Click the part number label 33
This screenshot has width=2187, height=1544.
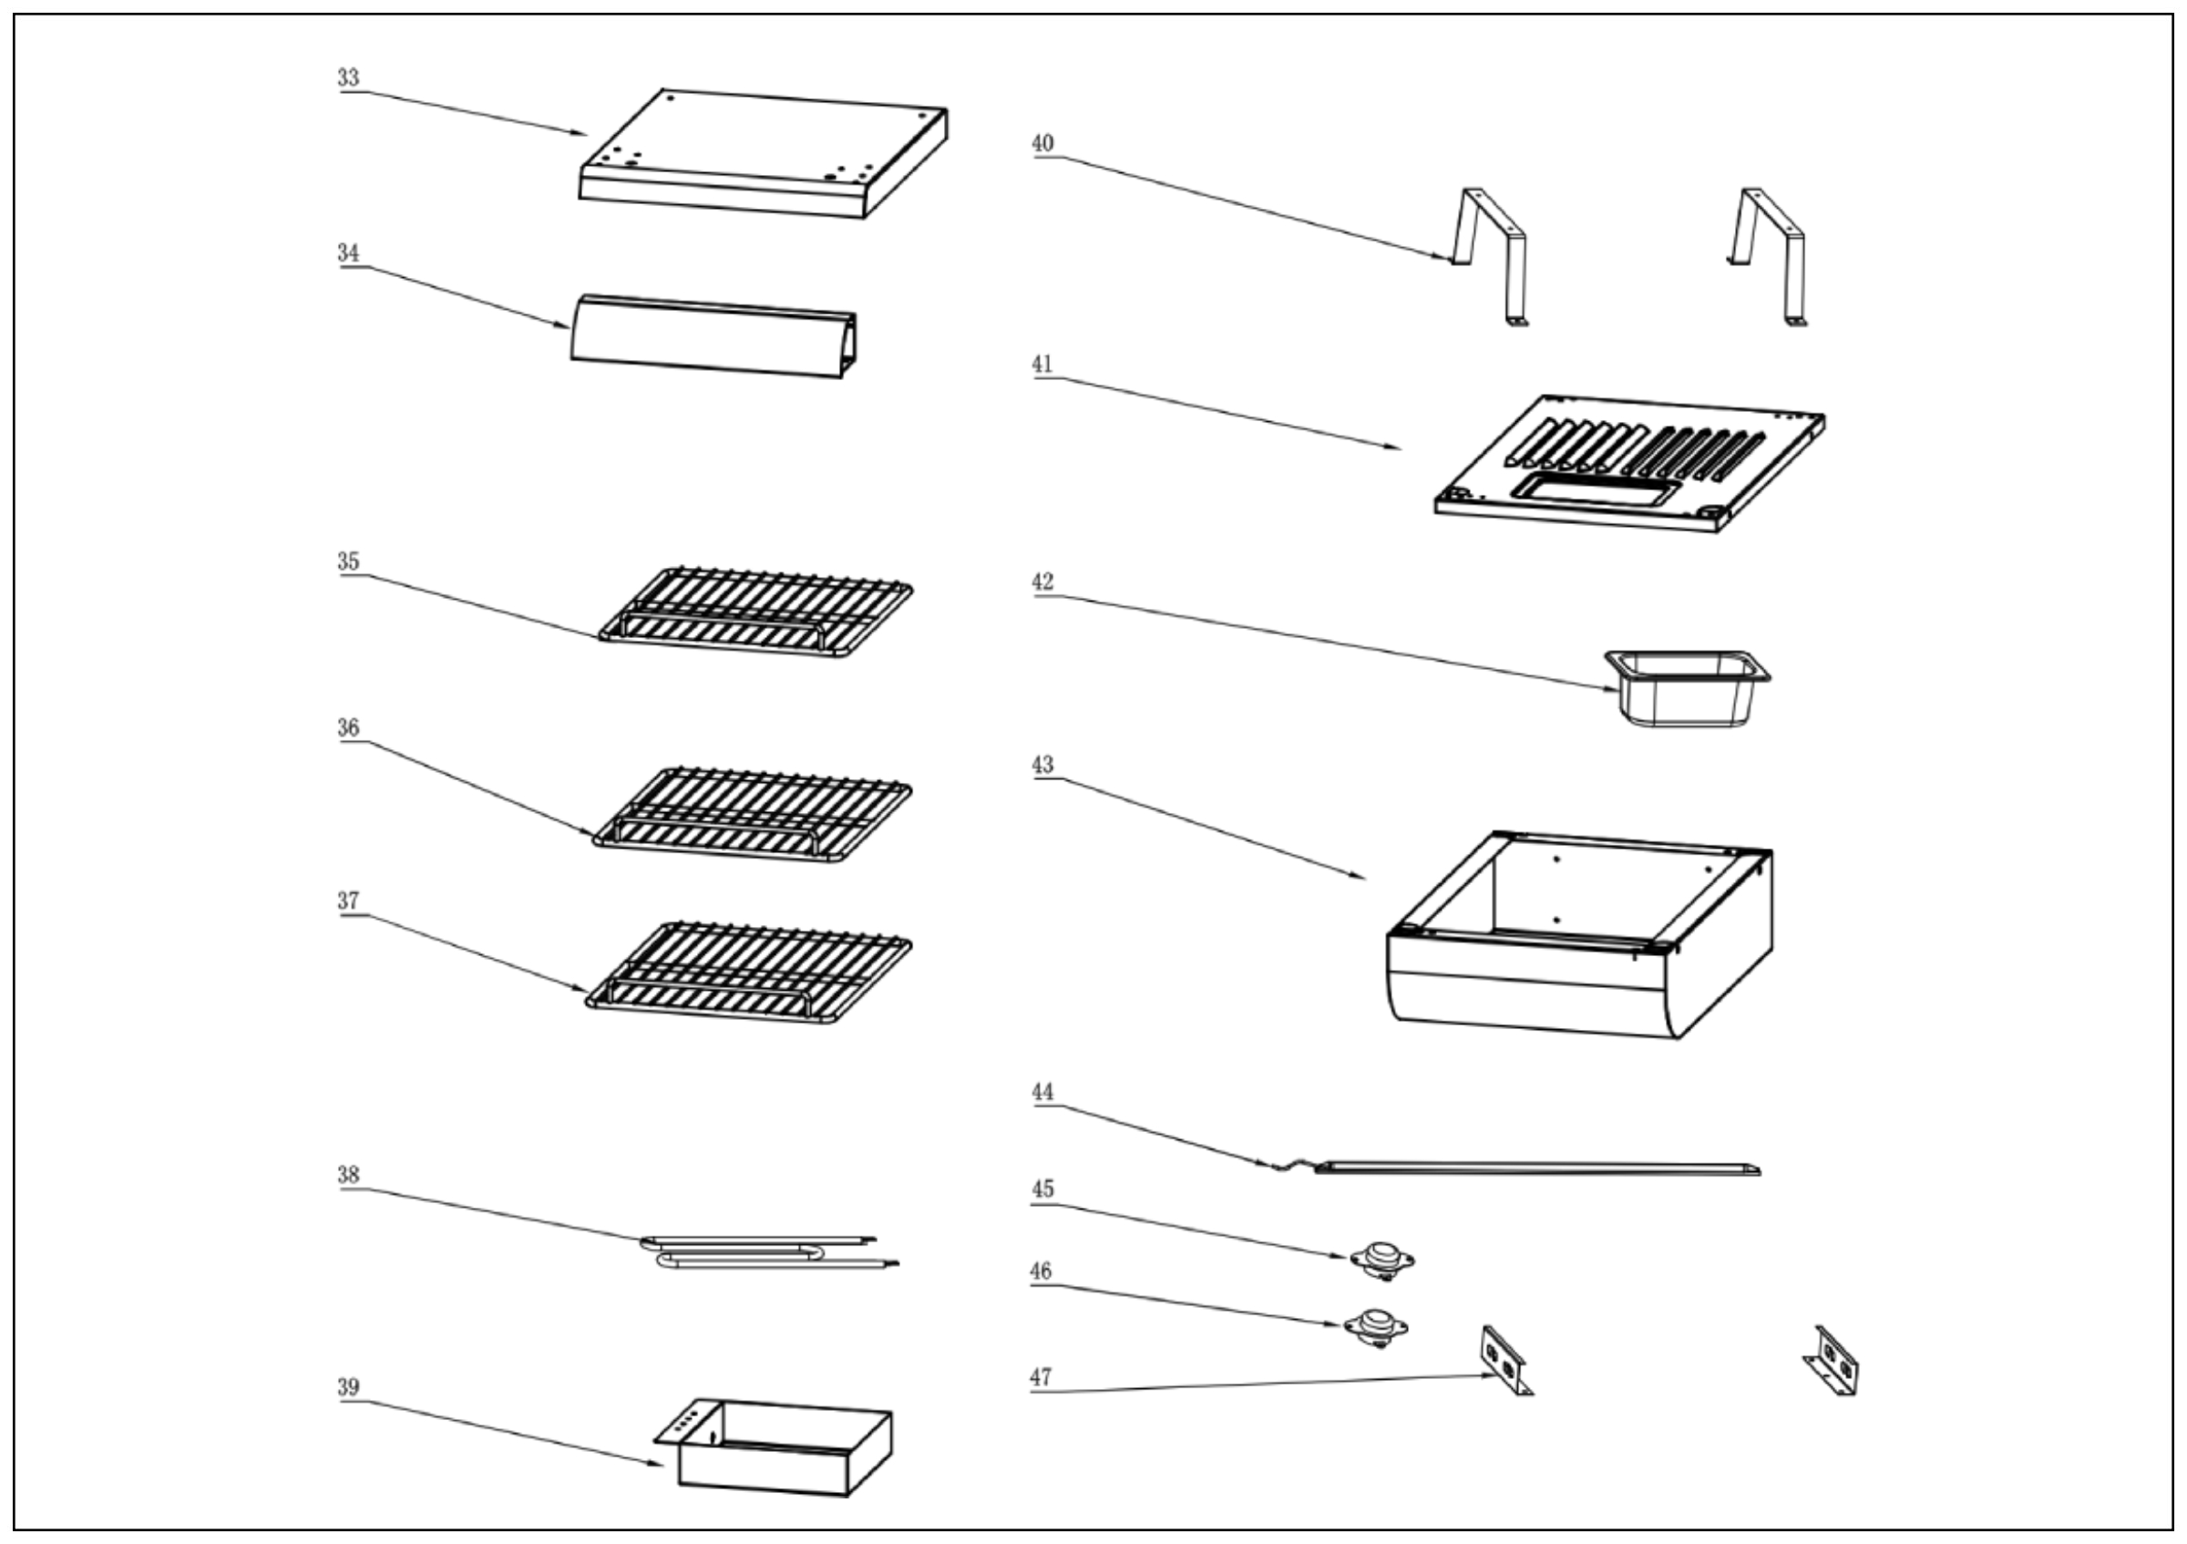pos(348,77)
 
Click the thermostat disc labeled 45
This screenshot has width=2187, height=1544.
pos(1382,1258)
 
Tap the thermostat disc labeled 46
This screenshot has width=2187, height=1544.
pos(1375,1325)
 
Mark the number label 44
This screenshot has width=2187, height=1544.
pos(1042,1092)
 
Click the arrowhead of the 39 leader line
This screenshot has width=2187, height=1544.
pos(661,1465)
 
